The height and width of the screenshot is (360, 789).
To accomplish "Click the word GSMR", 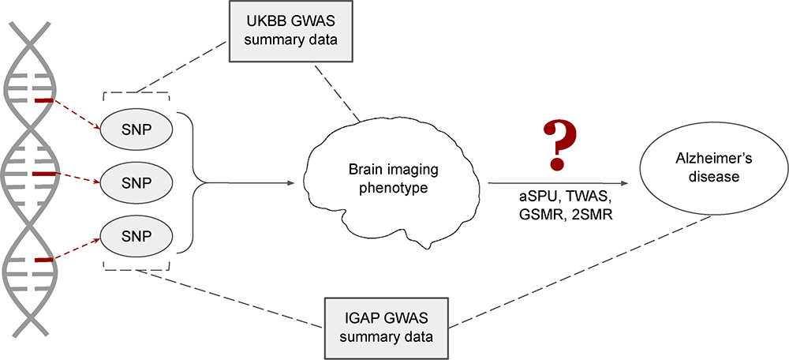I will (524, 212).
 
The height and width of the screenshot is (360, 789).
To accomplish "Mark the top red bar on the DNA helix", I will (43, 101).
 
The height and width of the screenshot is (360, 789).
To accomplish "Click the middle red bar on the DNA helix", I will (44, 172).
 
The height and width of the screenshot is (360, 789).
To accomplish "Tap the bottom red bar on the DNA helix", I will (43, 259).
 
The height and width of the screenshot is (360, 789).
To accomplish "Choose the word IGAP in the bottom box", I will (361, 317).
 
